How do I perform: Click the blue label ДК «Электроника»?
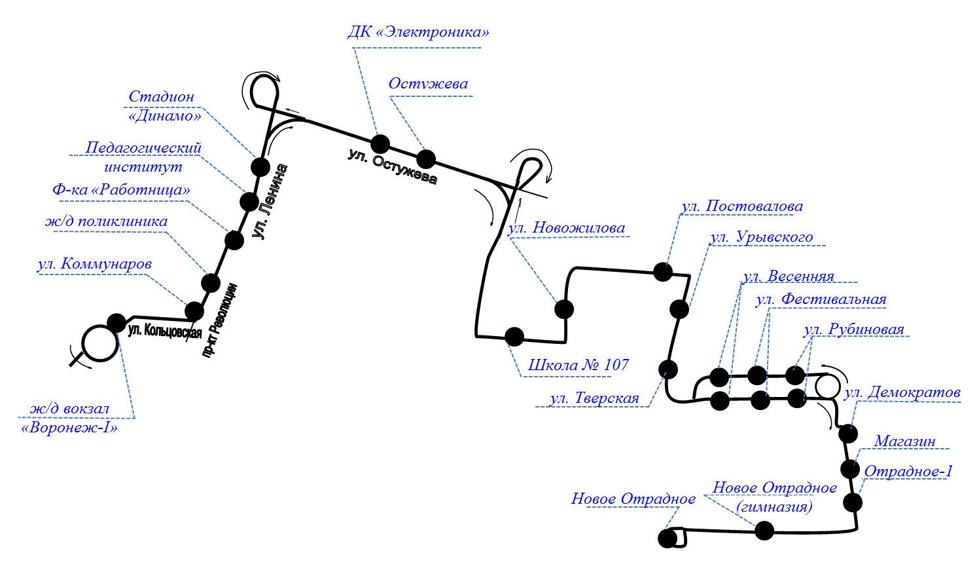418,32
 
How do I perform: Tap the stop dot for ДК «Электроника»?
380,144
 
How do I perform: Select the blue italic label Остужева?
429,84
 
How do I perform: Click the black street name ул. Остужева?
391,167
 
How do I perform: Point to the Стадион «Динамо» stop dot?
260,166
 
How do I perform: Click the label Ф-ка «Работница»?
121,190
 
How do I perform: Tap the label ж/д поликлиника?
106,221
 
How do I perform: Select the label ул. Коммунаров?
95,265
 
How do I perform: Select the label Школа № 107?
578,365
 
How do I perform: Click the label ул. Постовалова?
741,206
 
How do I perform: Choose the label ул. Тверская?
594,398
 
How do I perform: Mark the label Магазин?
905,442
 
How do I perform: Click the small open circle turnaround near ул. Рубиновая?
826,385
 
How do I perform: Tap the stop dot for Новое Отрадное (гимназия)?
764,531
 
